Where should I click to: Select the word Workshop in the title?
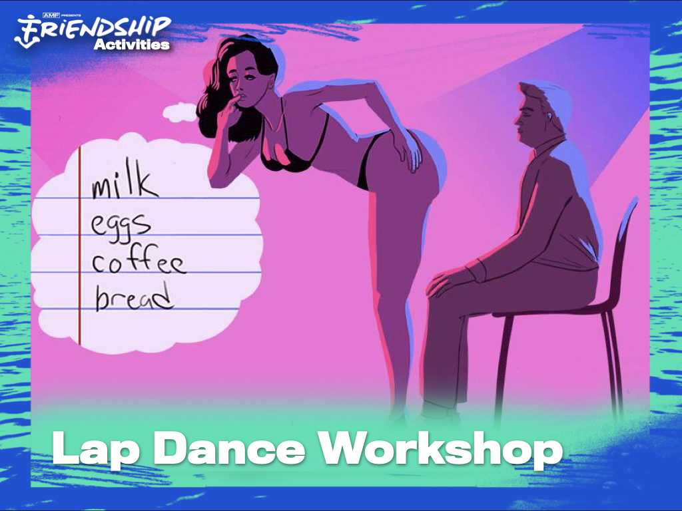coord(440,450)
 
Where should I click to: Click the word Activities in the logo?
coord(131,45)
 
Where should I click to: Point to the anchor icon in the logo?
coord(27,32)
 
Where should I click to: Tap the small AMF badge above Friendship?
coord(51,15)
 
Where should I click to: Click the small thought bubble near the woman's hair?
coord(179,112)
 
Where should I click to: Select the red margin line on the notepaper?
coord(80,246)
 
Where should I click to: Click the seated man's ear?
coord(549,116)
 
